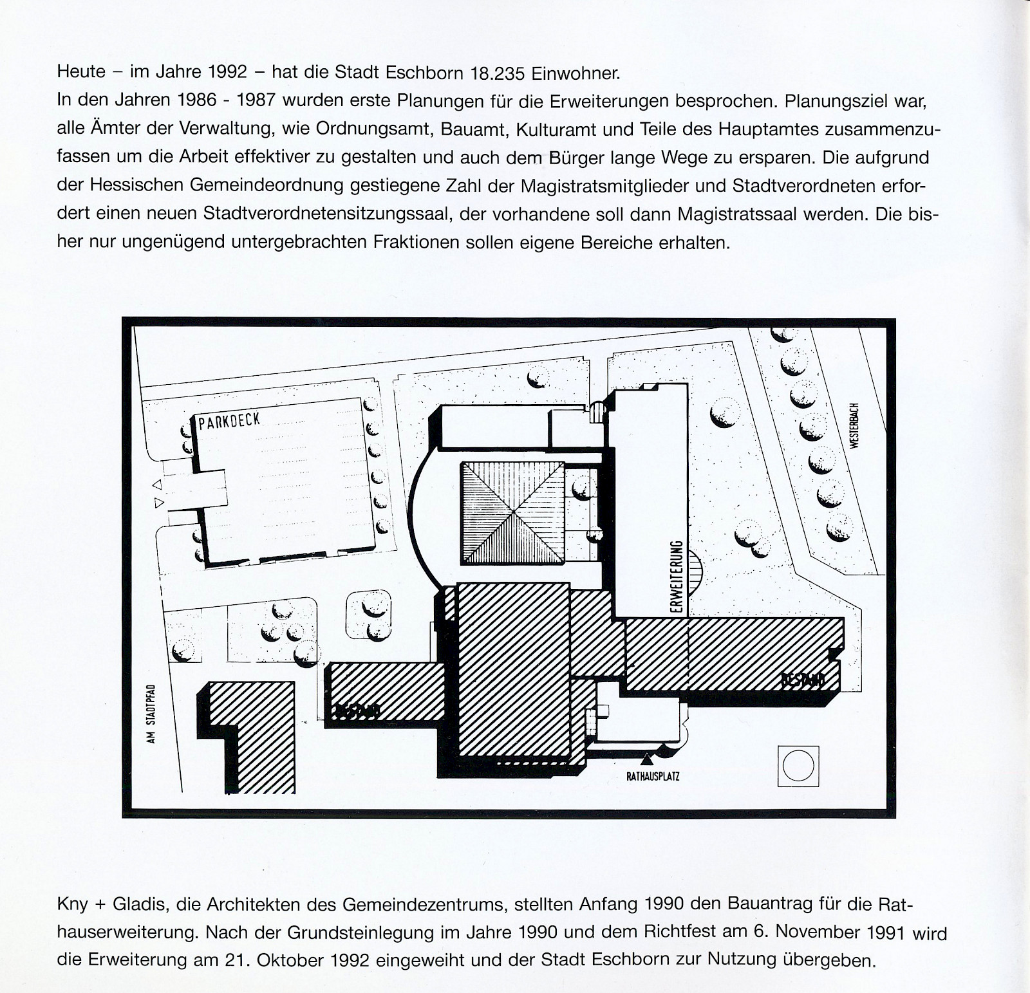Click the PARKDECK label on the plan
click(229, 422)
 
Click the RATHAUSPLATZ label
click(653, 777)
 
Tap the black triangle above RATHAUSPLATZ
click(646, 761)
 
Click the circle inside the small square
click(798, 766)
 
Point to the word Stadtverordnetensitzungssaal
click(325, 214)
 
